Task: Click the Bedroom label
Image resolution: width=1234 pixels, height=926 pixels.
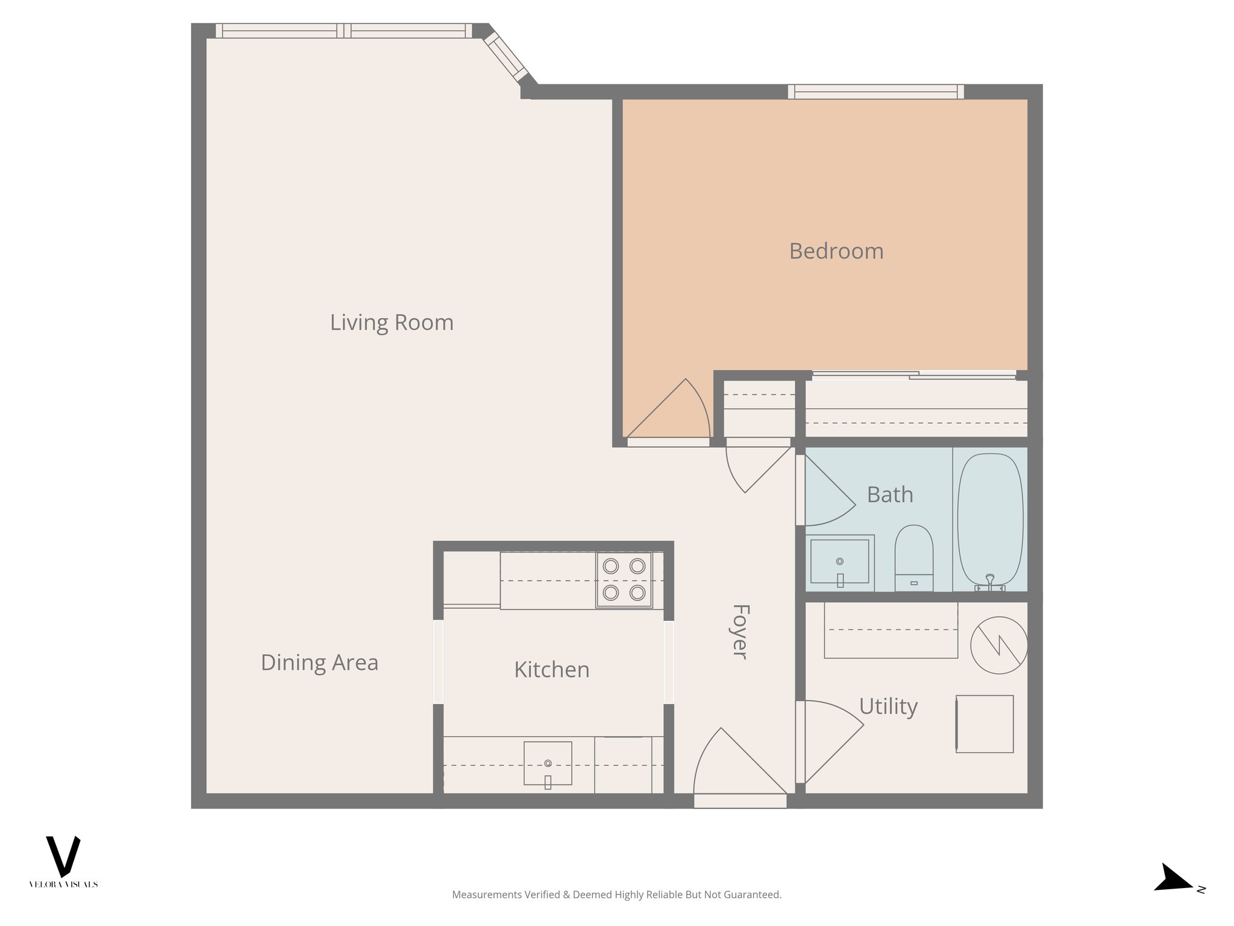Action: coord(836,251)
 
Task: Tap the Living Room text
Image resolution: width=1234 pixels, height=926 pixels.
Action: coord(392,323)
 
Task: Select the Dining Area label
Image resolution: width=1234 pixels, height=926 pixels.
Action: coord(319,663)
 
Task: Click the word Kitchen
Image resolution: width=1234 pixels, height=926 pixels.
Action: coord(551,670)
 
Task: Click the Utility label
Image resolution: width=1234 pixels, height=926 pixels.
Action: coord(888,706)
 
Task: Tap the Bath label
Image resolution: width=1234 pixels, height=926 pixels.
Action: coord(889,495)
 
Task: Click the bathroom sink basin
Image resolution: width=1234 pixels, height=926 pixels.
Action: coord(839,561)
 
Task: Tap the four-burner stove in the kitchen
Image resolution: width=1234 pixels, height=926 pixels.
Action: coord(624,579)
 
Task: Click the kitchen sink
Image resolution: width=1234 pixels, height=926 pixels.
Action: coord(547,763)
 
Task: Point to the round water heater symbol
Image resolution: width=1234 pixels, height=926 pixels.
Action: coord(998,645)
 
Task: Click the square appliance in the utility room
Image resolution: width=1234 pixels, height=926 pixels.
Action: coord(985,723)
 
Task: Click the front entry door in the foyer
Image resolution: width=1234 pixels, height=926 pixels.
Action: coord(740,766)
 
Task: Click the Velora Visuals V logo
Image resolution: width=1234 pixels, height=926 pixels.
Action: coord(63,857)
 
